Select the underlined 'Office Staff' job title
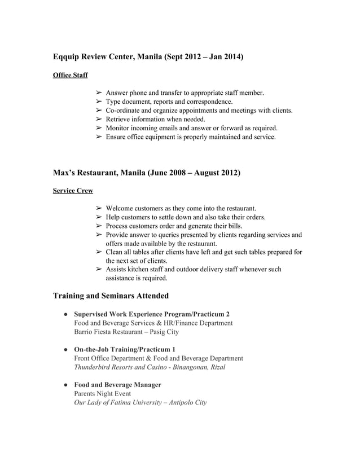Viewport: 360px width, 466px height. tap(70, 75)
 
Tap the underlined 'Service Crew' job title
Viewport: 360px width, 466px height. tap(73, 191)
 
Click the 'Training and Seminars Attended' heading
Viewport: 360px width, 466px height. tap(111, 295)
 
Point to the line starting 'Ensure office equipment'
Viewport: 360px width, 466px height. tap(191, 137)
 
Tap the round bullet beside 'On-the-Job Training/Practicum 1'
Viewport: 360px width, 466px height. tap(65, 350)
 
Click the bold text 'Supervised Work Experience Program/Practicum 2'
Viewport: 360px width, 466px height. tap(152, 314)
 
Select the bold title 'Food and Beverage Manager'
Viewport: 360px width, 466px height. tap(117, 385)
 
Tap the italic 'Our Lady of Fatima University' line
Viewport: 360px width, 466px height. tap(141, 403)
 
